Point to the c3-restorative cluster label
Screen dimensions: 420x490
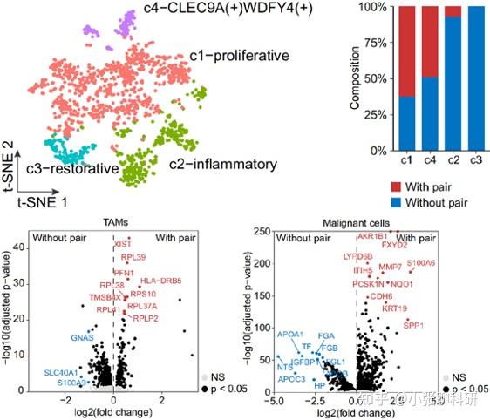coord(71,168)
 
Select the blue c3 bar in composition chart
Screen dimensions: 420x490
coord(477,78)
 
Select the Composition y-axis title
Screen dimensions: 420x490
coord(355,78)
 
